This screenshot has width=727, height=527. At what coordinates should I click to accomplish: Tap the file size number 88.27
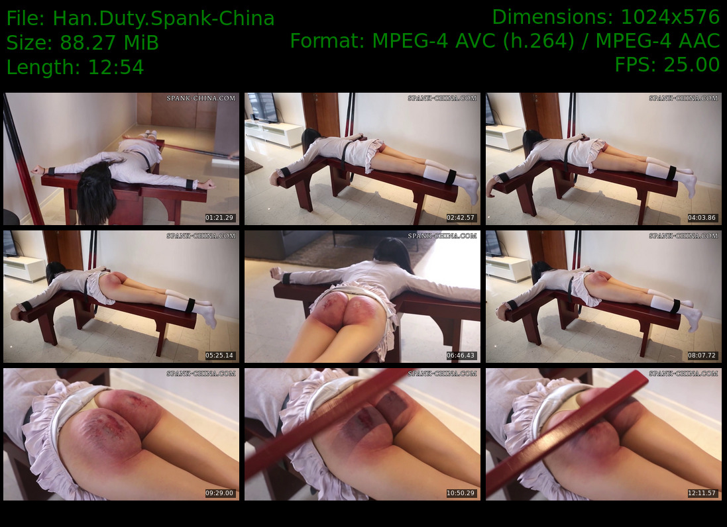[x=87, y=43]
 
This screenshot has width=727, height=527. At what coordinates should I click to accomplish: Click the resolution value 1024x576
[x=669, y=17]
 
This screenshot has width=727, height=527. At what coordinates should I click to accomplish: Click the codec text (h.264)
[x=541, y=41]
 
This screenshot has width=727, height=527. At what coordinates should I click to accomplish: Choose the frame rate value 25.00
[x=691, y=64]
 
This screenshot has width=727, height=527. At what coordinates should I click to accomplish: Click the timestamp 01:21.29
[x=219, y=218]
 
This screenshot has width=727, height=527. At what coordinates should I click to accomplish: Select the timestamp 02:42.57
[x=461, y=218]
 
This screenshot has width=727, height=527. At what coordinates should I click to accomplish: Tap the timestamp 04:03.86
[x=702, y=218]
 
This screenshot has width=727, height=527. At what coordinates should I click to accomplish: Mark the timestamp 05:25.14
[x=219, y=355]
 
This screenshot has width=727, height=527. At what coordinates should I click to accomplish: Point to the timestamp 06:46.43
[x=461, y=355]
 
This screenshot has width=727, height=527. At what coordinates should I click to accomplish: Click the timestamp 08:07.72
[x=702, y=355]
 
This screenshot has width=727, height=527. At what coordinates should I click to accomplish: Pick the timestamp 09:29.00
[x=219, y=493]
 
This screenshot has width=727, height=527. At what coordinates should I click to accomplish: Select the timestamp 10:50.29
[x=461, y=493]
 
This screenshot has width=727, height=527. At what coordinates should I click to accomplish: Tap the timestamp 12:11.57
[x=702, y=493]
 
